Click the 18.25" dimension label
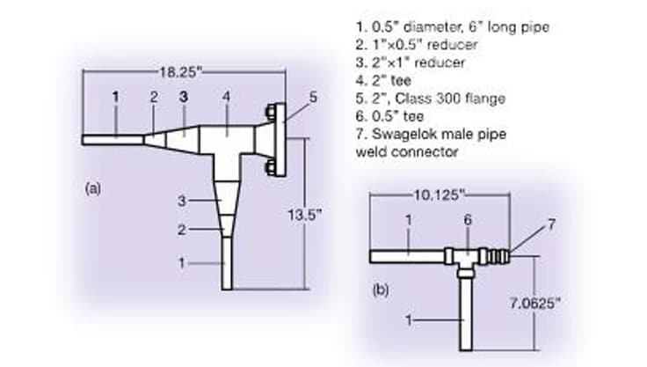[181, 73]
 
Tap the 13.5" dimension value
[304, 215]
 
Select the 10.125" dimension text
[440, 195]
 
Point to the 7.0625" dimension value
[535, 304]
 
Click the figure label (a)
[93, 189]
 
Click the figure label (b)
[381, 290]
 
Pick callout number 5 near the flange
[313, 98]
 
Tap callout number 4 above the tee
[226, 97]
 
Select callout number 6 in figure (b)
[468, 219]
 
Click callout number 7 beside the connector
[552, 224]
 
